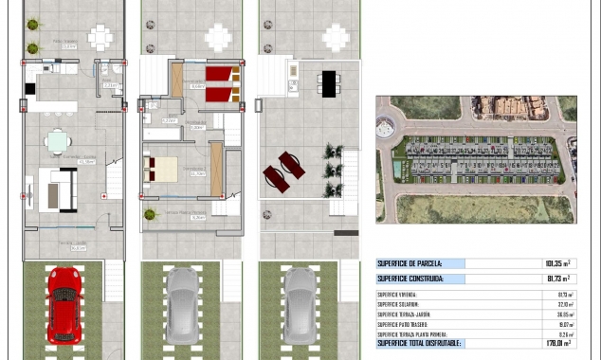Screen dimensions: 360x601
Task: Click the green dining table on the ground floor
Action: click(x=58, y=142)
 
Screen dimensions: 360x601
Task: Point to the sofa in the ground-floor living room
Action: click(x=57, y=189)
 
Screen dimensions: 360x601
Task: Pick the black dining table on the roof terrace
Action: click(x=328, y=82)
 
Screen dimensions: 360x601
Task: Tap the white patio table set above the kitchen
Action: click(x=100, y=37)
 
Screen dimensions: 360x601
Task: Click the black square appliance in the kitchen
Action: click(x=31, y=88)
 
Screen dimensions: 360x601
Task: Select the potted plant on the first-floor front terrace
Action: click(x=150, y=214)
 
